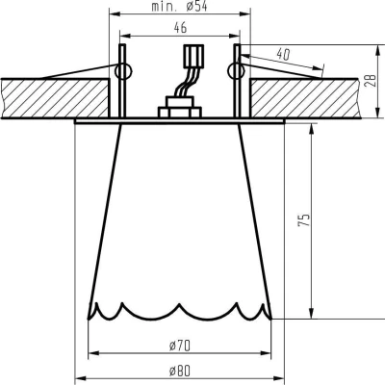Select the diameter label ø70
click(x=179, y=343)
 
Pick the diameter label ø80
click(x=179, y=371)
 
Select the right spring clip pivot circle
click(x=233, y=70)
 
